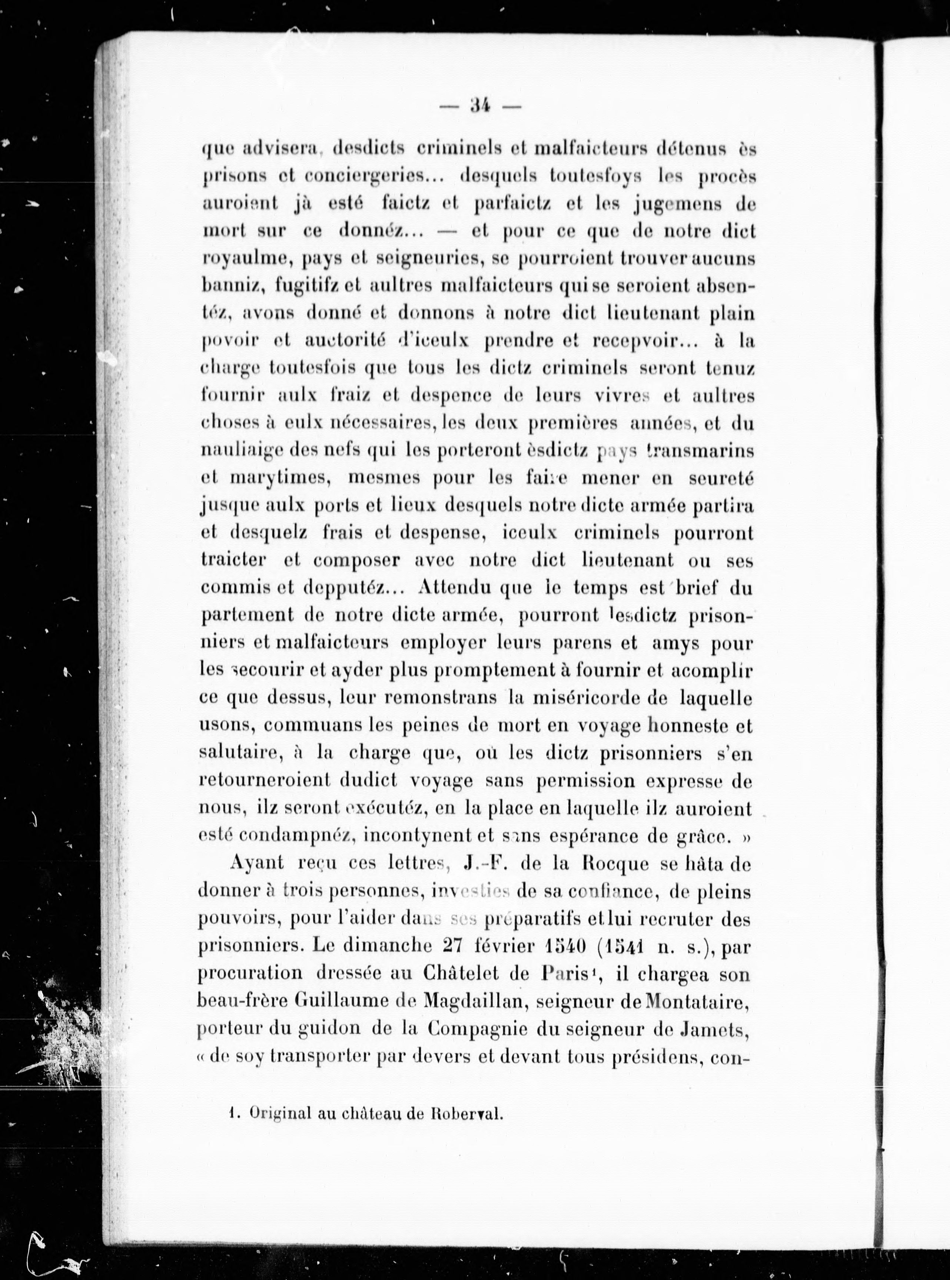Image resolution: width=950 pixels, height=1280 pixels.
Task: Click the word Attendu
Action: point(455,587)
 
